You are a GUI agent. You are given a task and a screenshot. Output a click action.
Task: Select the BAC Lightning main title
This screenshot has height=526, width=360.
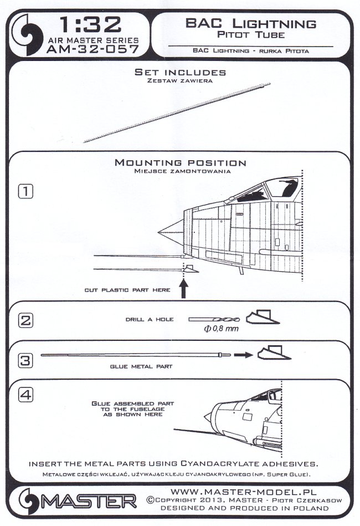pos(250,24)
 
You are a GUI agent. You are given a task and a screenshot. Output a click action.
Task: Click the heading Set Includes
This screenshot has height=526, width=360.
pos(180,73)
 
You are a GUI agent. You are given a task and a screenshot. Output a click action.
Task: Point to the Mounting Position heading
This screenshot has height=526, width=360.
pos(180,163)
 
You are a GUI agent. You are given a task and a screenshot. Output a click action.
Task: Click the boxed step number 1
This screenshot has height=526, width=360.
pos(26,191)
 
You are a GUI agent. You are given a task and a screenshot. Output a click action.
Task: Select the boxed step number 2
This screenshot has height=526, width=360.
pos(26,320)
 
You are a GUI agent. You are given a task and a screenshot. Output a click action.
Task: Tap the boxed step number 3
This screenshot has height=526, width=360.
pos(26,359)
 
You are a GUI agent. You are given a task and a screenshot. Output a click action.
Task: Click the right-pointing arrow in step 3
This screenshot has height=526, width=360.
pos(240,353)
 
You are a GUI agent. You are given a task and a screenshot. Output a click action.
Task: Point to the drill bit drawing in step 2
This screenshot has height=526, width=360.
pos(213,320)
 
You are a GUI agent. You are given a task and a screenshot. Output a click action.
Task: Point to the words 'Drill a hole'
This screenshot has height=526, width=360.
pos(150,320)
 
